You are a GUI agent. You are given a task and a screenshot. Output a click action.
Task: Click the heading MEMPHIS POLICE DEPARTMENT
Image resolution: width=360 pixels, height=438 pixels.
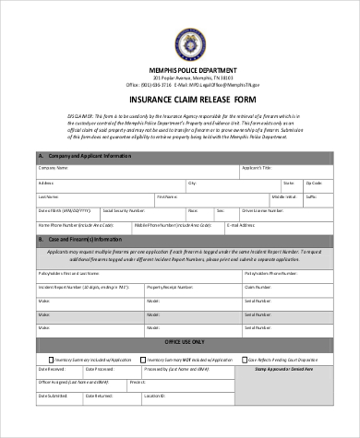[180, 70]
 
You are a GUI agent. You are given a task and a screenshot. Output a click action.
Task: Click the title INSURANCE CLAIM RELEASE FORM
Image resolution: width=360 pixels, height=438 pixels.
[180, 100]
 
